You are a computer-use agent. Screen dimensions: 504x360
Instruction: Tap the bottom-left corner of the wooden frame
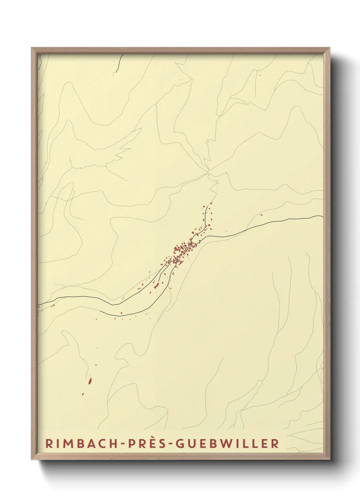pos(32,459)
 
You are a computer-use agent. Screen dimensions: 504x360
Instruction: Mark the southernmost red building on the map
pos(83,394)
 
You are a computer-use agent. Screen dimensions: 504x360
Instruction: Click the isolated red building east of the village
pos(261,215)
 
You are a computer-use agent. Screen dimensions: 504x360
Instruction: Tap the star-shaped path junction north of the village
pos(208,173)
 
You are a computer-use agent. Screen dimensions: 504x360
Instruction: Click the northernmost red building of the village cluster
pos(211,203)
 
